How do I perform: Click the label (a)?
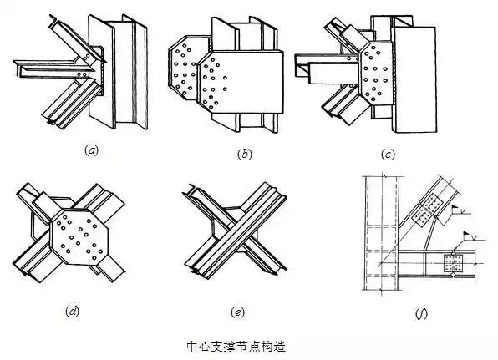pyautogui.click(x=91, y=150)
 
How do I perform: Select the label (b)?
pyautogui.click(x=245, y=154)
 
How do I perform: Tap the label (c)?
pyautogui.click(x=388, y=155)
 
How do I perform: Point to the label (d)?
pyautogui.click(x=73, y=311)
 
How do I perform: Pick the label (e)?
pyautogui.click(x=237, y=312)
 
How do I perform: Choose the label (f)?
pyautogui.click(x=421, y=314)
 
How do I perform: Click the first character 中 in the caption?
pyautogui.click(x=192, y=347)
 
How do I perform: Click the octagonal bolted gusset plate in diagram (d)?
pyautogui.click(x=79, y=236)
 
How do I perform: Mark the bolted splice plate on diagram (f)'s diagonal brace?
pyautogui.click(x=427, y=210)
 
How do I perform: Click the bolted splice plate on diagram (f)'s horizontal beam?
pyautogui.click(x=454, y=263)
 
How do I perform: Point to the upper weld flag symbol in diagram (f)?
pyautogui.click(x=456, y=210)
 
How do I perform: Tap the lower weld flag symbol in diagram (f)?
pyautogui.click(x=469, y=236)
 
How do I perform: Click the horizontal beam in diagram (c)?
pyautogui.click(x=328, y=69)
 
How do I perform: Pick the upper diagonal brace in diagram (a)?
pyautogui.click(x=78, y=39)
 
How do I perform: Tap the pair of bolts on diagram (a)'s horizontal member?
pyautogui.click(x=82, y=74)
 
